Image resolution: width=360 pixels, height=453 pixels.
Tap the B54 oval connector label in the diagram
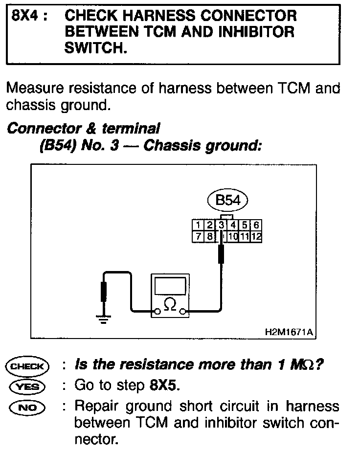pyautogui.click(x=227, y=200)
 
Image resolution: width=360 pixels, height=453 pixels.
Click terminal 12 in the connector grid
pyautogui.click(x=256, y=237)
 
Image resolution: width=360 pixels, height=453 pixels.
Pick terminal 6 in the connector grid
pyautogui.click(x=256, y=225)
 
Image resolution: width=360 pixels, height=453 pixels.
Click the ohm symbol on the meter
pyautogui.click(x=170, y=304)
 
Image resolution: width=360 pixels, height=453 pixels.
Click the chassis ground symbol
pyautogui.click(x=103, y=320)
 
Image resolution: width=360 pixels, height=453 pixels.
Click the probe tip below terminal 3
pyautogui.click(x=222, y=254)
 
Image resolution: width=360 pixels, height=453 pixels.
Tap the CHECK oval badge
pyautogui.click(x=27, y=366)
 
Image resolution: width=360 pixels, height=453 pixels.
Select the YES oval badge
pyautogui.click(x=27, y=386)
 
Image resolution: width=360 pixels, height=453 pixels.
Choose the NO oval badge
pyautogui.click(x=27, y=406)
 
